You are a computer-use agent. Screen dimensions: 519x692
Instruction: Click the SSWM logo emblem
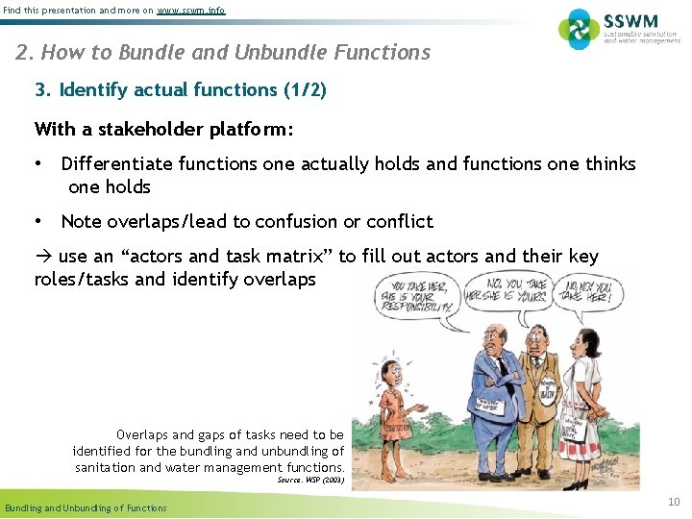click(579, 29)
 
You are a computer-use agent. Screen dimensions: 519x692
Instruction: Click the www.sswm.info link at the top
click(191, 10)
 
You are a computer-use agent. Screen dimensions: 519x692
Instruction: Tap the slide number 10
click(674, 502)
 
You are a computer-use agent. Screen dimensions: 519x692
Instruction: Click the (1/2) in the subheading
click(305, 90)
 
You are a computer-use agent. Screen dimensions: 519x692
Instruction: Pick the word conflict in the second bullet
click(399, 222)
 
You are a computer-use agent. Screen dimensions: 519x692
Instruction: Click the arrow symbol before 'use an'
click(43, 257)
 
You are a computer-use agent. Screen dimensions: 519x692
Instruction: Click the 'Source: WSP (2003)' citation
click(310, 479)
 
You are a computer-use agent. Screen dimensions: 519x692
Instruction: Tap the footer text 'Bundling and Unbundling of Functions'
click(86, 507)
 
